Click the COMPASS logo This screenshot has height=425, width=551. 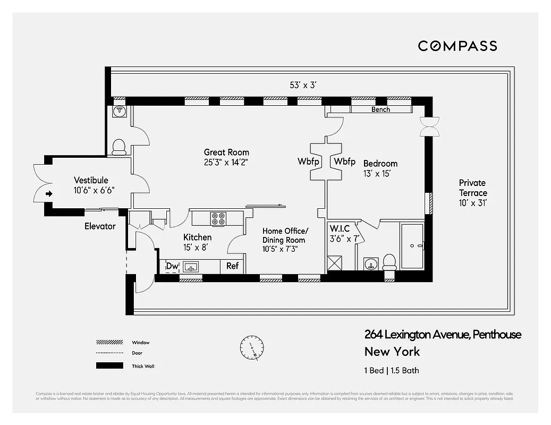click(x=457, y=46)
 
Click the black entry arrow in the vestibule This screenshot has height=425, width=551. click(x=49, y=194)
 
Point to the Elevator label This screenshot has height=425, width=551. click(x=100, y=226)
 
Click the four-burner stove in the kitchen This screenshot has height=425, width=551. click(x=218, y=217)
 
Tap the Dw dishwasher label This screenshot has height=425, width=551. click(x=172, y=266)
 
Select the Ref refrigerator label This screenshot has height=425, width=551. click(x=233, y=266)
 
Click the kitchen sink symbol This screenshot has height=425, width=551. click(x=190, y=266)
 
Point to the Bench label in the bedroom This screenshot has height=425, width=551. click(x=380, y=109)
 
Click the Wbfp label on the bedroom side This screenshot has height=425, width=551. click(x=344, y=161)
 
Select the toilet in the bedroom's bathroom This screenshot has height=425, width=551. click(x=389, y=262)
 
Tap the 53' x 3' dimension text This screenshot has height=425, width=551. click(x=304, y=85)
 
